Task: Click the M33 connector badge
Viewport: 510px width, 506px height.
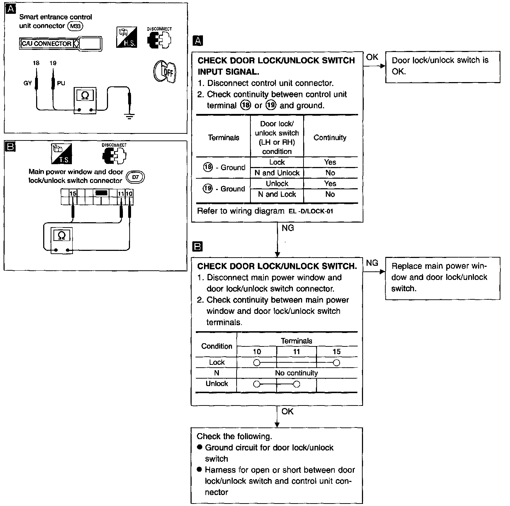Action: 75,26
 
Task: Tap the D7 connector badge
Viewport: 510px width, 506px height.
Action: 136,177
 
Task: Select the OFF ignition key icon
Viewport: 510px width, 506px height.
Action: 165,72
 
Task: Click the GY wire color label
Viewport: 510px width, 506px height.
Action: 28,84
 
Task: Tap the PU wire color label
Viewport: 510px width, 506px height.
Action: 61,84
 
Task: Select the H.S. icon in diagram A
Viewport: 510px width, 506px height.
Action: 126,37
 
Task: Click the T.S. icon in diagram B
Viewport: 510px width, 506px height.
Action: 62,154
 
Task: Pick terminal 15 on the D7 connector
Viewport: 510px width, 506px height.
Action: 73,194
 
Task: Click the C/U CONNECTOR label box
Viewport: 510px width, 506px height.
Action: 46,44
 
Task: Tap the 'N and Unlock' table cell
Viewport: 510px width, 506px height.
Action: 277,173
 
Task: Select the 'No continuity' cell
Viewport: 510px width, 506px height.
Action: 296,373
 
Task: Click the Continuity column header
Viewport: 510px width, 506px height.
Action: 330,138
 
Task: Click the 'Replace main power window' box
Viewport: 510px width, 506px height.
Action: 442,278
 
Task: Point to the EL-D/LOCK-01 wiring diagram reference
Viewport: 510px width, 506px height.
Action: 311,212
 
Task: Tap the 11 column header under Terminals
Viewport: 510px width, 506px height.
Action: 296,352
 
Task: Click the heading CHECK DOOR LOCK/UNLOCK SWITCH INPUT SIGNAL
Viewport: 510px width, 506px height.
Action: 276,66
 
